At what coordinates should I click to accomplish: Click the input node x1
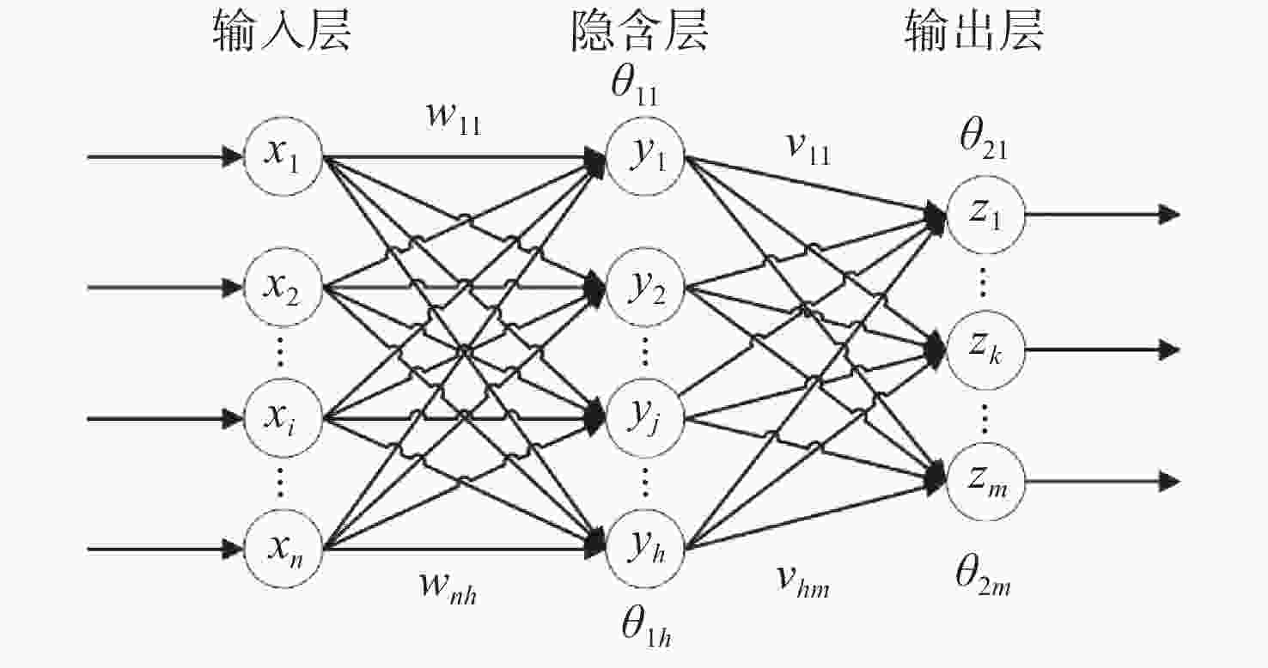[x=283, y=156]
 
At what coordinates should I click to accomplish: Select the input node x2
[x=283, y=288]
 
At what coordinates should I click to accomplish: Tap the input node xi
[x=283, y=418]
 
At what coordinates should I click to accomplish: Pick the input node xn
[x=283, y=549]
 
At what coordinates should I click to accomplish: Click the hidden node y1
[x=645, y=156]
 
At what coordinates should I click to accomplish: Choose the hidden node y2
[x=645, y=288]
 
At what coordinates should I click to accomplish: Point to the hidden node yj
[x=645, y=418]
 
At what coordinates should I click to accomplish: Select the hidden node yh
[x=645, y=549]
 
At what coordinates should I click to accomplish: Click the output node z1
[x=985, y=215]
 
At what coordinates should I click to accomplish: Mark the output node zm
[x=985, y=482]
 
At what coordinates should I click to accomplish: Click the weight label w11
[x=454, y=118]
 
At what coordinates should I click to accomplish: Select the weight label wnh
[x=448, y=588]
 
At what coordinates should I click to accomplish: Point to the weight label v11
[x=809, y=149]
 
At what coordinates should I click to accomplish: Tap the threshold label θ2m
[x=984, y=576]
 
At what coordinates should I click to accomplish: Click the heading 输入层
[x=282, y=32]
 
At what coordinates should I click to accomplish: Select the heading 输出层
[x=973, y=32]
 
